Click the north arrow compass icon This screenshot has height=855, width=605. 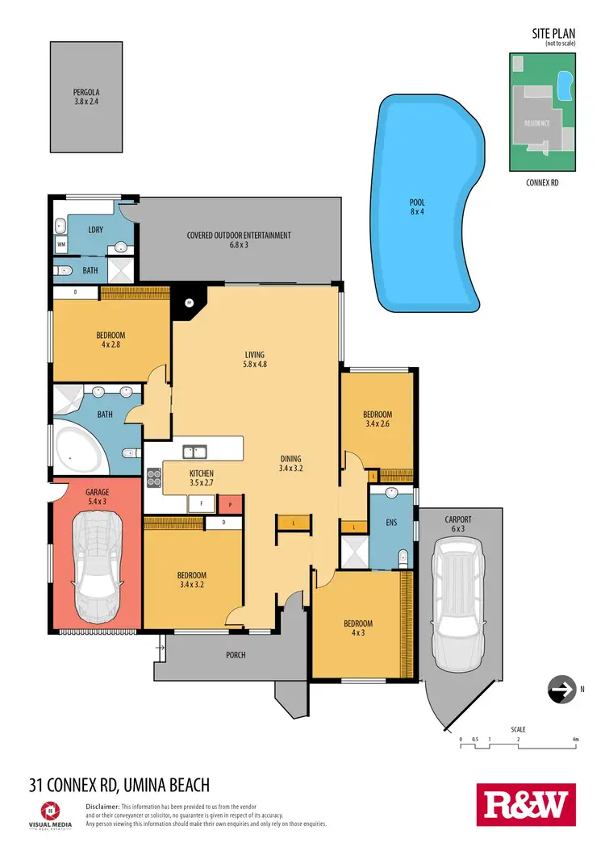click(558, 690)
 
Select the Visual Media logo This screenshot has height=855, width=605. click(51, 812)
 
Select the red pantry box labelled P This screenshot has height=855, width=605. click(230, 504)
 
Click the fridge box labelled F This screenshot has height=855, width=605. click(200, 504)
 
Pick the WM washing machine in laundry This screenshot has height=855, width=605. click(61, 243)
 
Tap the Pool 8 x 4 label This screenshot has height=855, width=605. click(417, 207)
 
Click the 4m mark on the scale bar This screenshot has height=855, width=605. click(574, 739)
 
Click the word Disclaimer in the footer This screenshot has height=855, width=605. click(102, 807)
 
